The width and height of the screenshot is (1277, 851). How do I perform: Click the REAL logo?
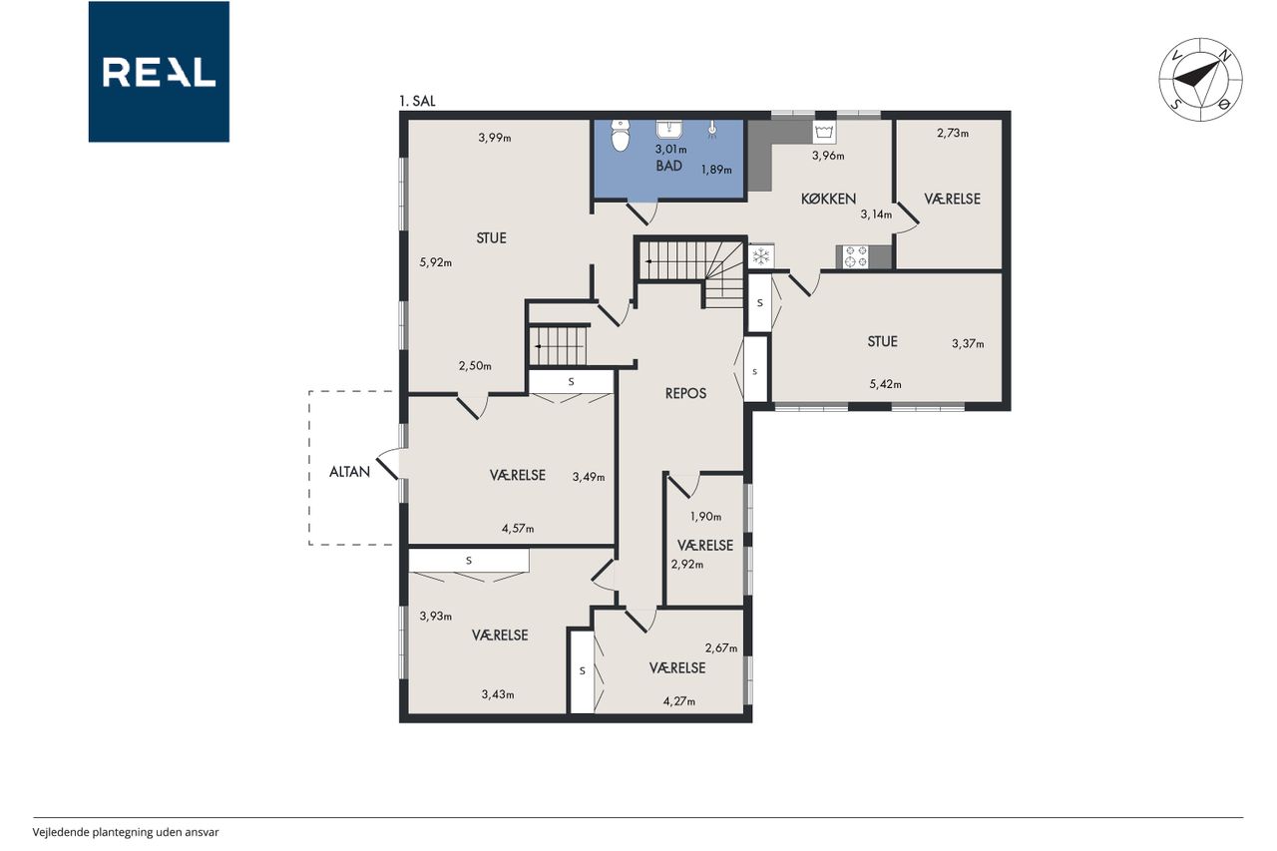pyautogui.click(x=159, y=72)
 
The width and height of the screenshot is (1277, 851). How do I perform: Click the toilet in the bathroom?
pyautogui.click(x=620, y=135)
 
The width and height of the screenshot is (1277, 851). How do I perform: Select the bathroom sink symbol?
pyautogui.click(x=669, y=130)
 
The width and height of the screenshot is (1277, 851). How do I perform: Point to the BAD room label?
pyautogui.click(x=668, y=166)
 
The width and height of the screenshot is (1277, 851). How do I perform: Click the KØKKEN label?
pyautogui.click(x=828, y=199)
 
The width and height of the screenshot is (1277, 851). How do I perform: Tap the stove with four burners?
pyautogui.click(x=856, y=257)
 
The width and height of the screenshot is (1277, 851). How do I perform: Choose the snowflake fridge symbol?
pyautogui.click(x=760, y=256)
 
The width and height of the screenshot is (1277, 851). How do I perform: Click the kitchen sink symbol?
pyautogui.click(x=824, y=133)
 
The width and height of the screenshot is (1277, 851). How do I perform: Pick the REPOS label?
pyautogui.click(x=685, y=393)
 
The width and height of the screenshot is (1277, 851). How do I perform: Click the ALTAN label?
pyautogui.click(x=349, y=472)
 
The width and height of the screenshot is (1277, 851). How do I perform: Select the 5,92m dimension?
pyautogui.click(x=436, y=262)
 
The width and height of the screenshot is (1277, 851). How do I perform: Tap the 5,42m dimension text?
pyautogui.click(x=885, y=384)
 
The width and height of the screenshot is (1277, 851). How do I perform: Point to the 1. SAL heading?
pyautogui.click(x=417, y=102)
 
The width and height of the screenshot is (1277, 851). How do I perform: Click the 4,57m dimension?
pyautogui.click(x=518, y=529)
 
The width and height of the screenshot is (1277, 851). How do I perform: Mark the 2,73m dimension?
pyautogui.click(x=953, y=134)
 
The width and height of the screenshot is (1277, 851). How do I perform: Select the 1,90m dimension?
pyautogui.click(x=705, y=517)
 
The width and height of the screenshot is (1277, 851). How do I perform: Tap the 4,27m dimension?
pyautogui.click(x=679, y=701)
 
